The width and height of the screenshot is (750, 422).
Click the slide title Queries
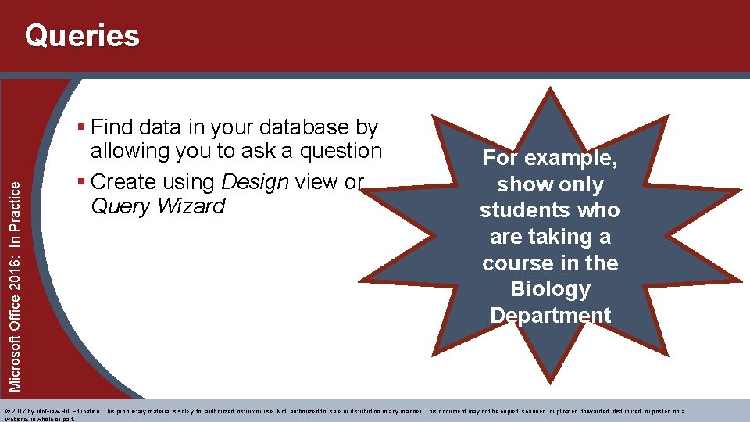point(82,36)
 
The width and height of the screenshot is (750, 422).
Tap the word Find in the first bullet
point(116,127)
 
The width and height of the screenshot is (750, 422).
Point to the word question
point(336,151)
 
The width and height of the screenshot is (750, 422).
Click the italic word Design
point(254,182)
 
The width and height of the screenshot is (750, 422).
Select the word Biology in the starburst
point(550,289)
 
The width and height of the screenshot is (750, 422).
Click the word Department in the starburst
point(550,316)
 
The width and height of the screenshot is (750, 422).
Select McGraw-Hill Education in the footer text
point(69,411)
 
